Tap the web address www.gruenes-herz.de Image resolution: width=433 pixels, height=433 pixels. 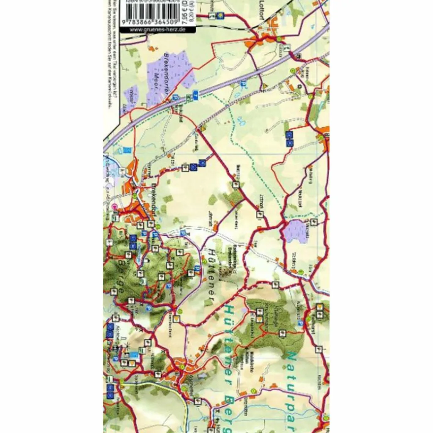point(157,30)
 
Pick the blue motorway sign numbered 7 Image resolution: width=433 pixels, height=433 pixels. point(195,94)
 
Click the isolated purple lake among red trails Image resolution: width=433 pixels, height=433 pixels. point(295,231)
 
